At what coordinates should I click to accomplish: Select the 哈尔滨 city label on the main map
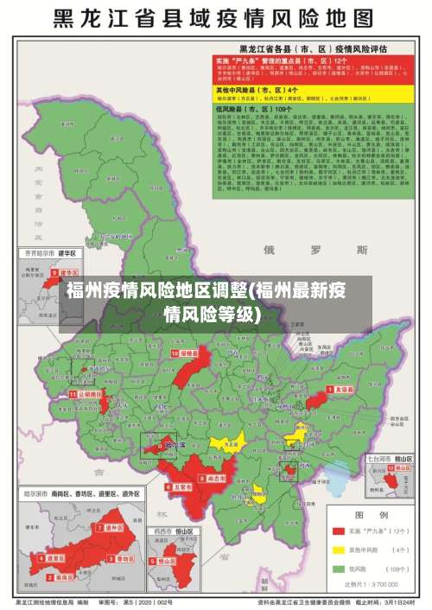click(x=175, y=445)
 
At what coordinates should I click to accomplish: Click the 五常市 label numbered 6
click(x=181, y=486)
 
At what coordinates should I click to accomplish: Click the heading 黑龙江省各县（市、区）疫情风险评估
click(x=312, y=48)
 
